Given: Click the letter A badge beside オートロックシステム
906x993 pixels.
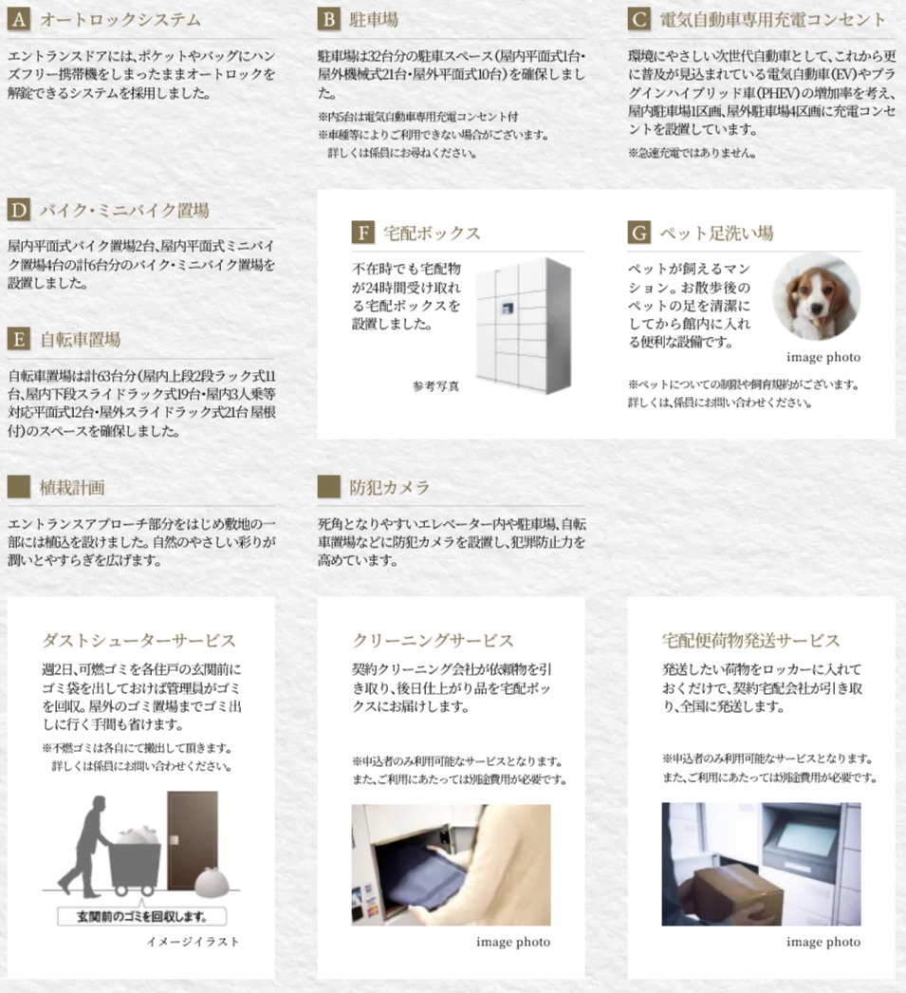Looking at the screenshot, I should click(x=19, y=20).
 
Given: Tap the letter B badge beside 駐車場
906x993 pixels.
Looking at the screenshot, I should click(x=329, y=20).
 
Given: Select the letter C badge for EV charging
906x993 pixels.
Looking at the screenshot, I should click(x=639, y=20).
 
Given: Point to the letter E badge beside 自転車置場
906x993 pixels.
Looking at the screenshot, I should click(x=19, y=340).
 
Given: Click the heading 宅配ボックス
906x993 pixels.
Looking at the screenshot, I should click(x=432, y=234).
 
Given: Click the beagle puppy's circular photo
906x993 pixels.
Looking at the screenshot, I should click(x=816, y=296).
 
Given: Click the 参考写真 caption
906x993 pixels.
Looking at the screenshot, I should click(x=435, y=385).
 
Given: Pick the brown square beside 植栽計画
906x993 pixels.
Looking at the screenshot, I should click(x=19, y=488).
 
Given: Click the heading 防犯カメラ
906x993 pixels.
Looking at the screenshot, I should click(x=389, y=488).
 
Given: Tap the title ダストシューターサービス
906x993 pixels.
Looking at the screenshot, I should click(x=139, y=641).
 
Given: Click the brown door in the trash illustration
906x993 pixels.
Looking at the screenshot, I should click(x=193, y=838).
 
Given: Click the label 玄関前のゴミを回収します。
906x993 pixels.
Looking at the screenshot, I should click(x=142, y=917).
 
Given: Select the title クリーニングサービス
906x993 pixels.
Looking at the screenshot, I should click(x=433, y=641).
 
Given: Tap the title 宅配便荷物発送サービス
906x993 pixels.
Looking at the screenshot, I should click(x=750, y=641).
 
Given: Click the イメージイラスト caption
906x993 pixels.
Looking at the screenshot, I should click(x=194, y=942).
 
